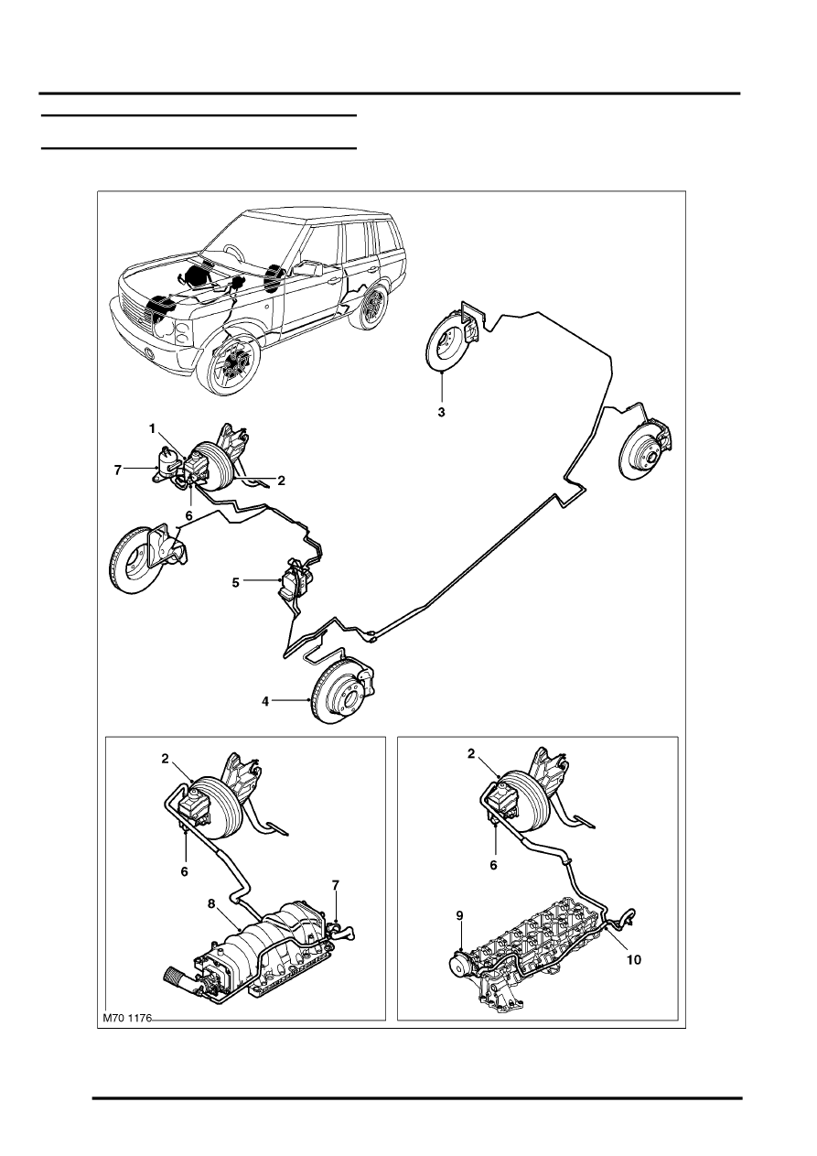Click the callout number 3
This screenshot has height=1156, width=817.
coord(441,413)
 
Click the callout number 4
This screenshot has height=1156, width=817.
coord(265,701)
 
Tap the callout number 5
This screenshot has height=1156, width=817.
coord(236,583)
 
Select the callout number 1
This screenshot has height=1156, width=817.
coord(152,427)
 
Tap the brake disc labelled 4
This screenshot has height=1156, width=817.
coord(342,690)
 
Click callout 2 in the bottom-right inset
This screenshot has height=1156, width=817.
coord(470,754)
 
